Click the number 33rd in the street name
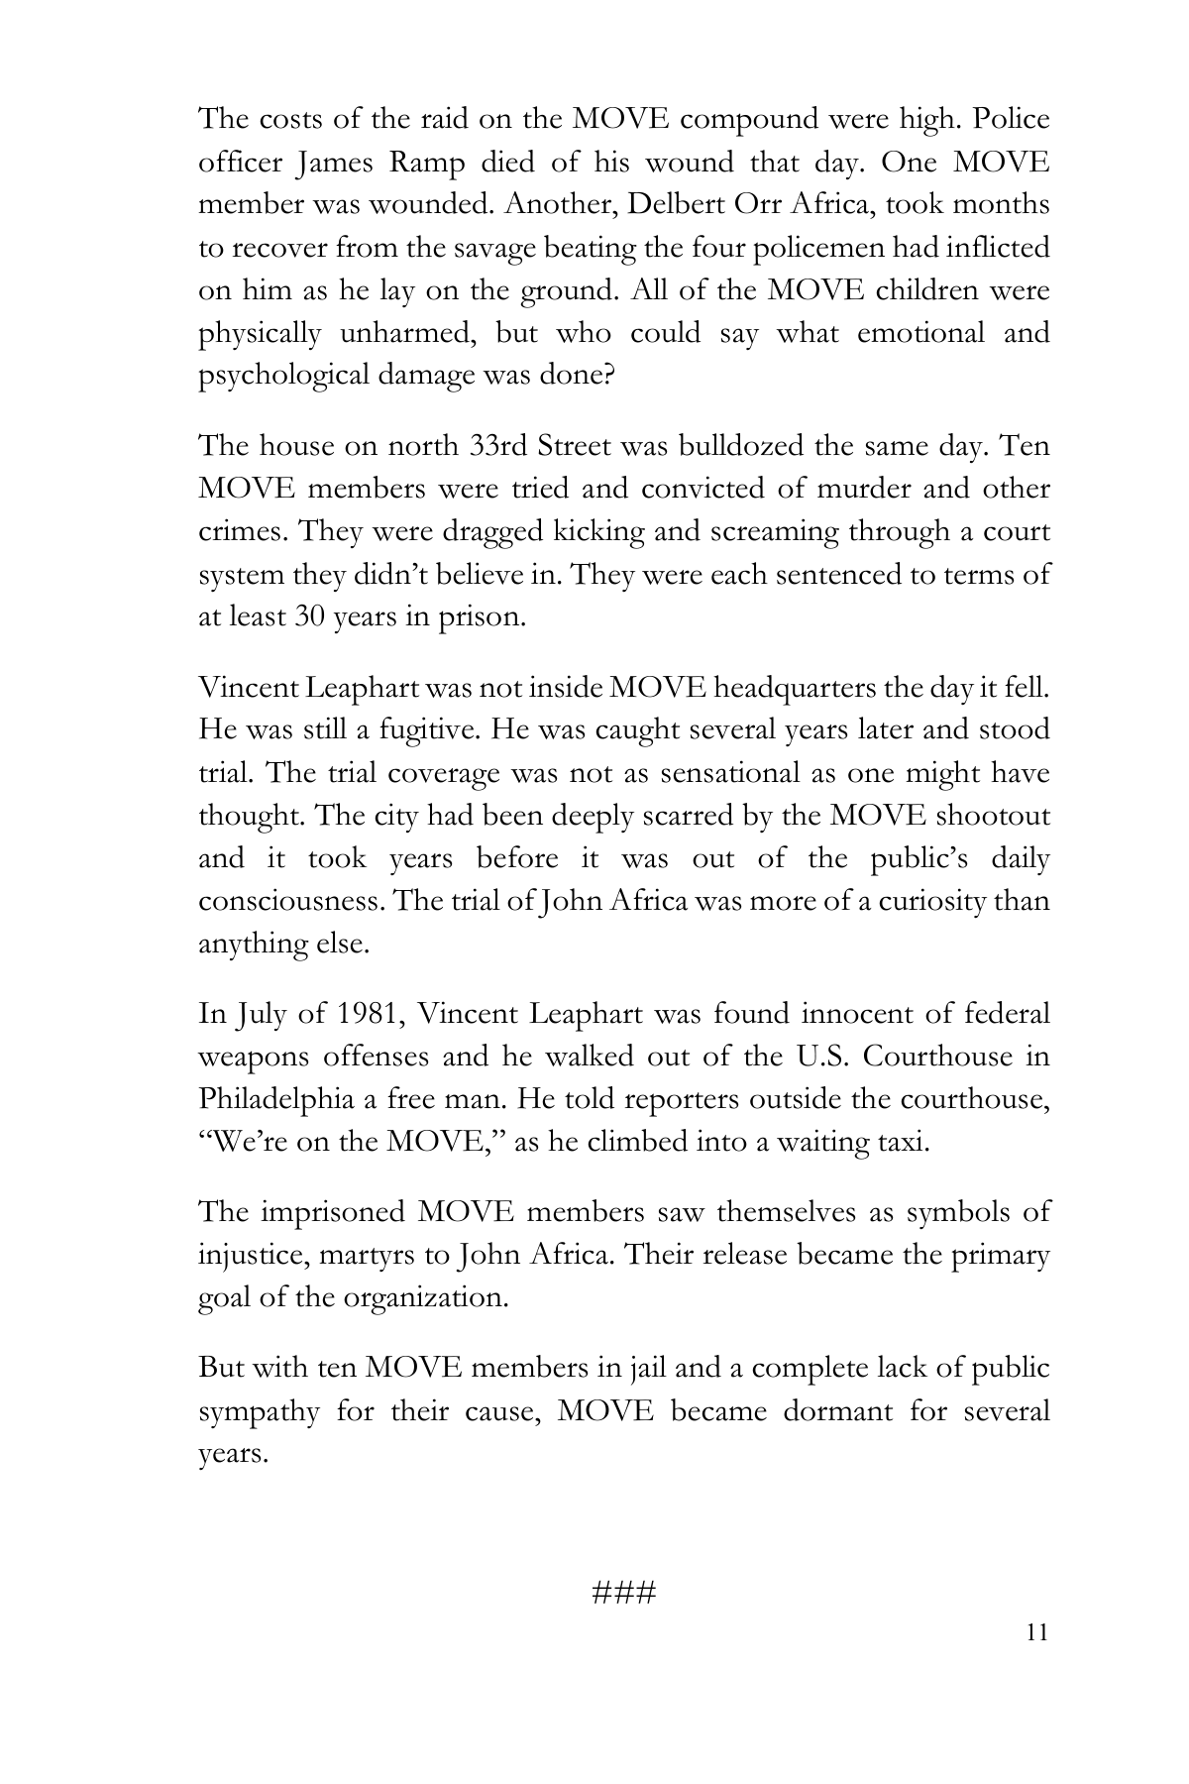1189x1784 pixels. (x=496, y=446)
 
